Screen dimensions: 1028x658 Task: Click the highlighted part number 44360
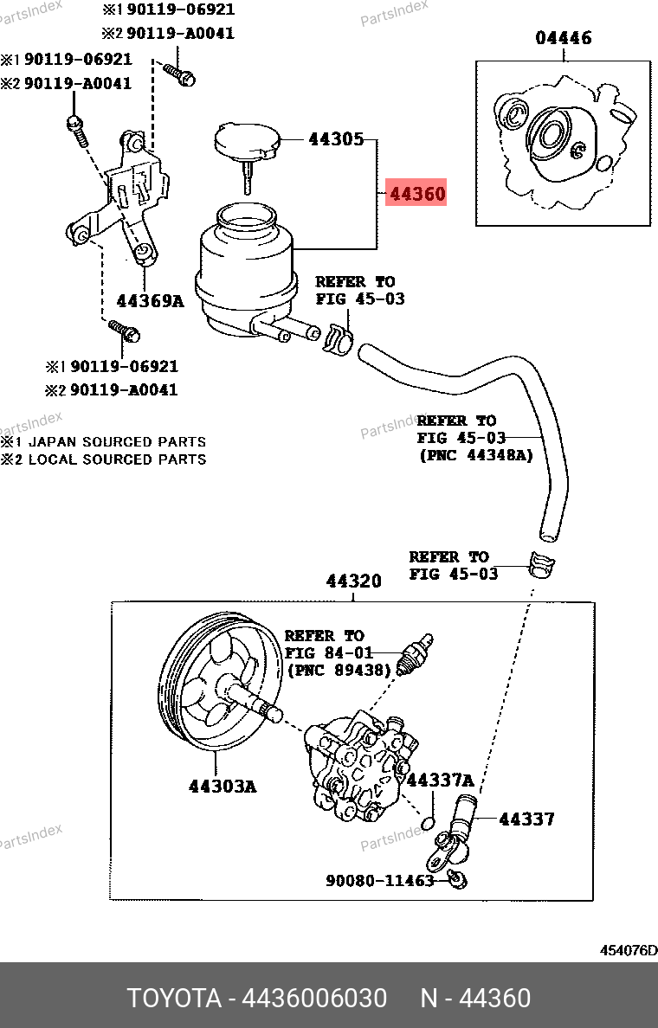[417, 195]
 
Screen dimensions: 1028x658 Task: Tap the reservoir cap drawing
[246, 143]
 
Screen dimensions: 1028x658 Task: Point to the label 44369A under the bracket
[151, 301]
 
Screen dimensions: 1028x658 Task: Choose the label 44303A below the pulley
[223, 787]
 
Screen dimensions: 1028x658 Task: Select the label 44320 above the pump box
[353, 581]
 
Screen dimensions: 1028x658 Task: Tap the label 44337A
[440, 781]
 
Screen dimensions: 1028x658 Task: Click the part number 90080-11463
[379, 881]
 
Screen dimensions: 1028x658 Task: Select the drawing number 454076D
[629, 950]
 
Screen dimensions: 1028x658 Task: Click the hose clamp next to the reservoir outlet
[337, 337]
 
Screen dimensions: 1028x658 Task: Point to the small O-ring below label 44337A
[427, 820]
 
